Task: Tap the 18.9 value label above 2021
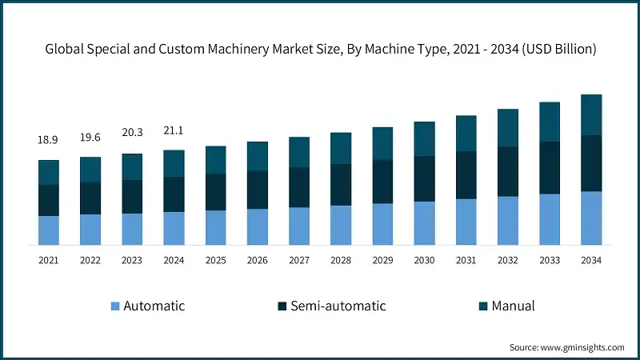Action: [48, 140]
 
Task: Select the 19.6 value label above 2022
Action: [90, 137]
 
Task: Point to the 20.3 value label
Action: [132, 134]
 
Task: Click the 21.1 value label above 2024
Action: [174, 130]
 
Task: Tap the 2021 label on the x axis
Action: [48, 260]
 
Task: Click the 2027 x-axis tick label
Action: [299, 260]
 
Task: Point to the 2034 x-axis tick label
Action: [591, 260]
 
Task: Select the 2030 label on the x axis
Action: [424, 260]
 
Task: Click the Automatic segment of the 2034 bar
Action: [591, 218]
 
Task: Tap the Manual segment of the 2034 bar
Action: [591, 114]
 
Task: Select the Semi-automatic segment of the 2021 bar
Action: [48, 200]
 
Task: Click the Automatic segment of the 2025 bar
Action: [215, 227]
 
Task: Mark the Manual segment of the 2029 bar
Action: [382, 143]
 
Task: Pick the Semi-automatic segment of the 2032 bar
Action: [508, 171]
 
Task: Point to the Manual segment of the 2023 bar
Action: [132, 166]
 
